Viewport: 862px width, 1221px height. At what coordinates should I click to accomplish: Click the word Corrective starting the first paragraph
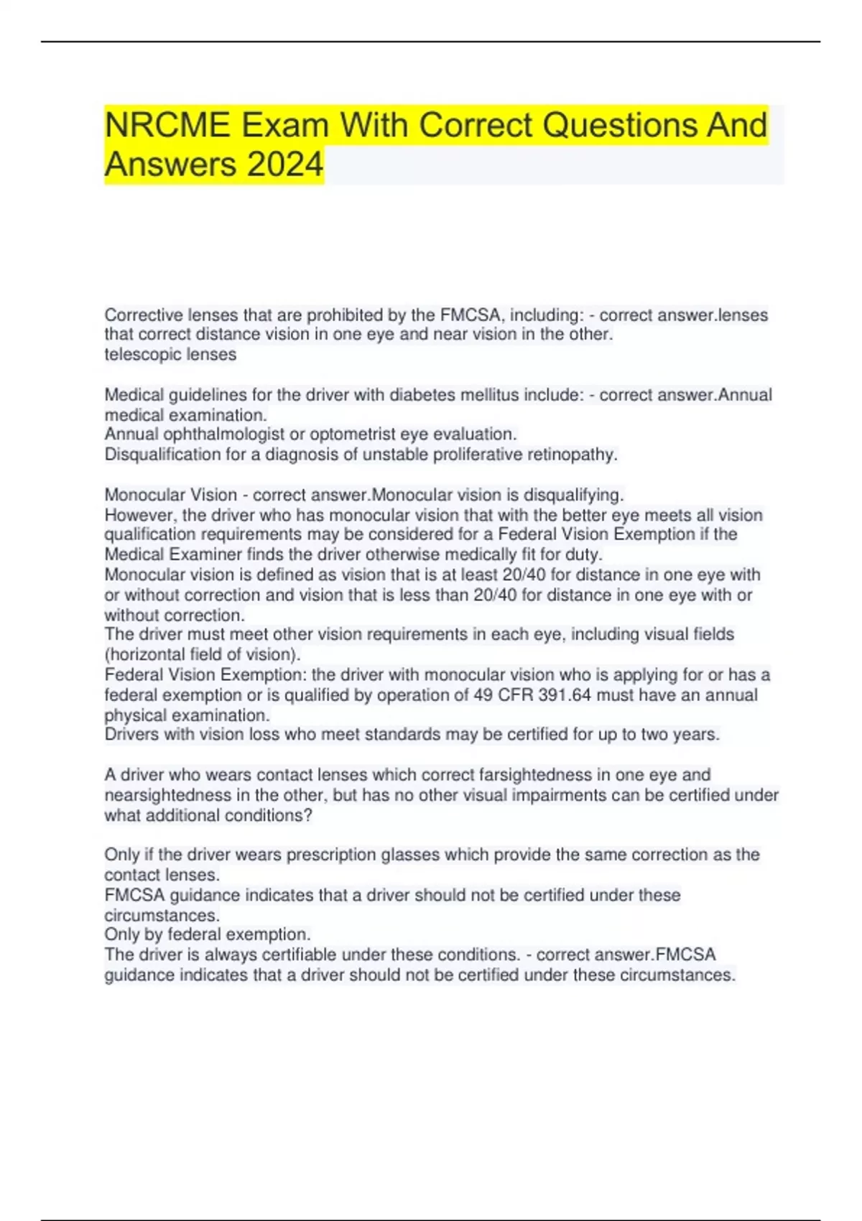144,315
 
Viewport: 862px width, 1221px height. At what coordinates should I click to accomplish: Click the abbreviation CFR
514,695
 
